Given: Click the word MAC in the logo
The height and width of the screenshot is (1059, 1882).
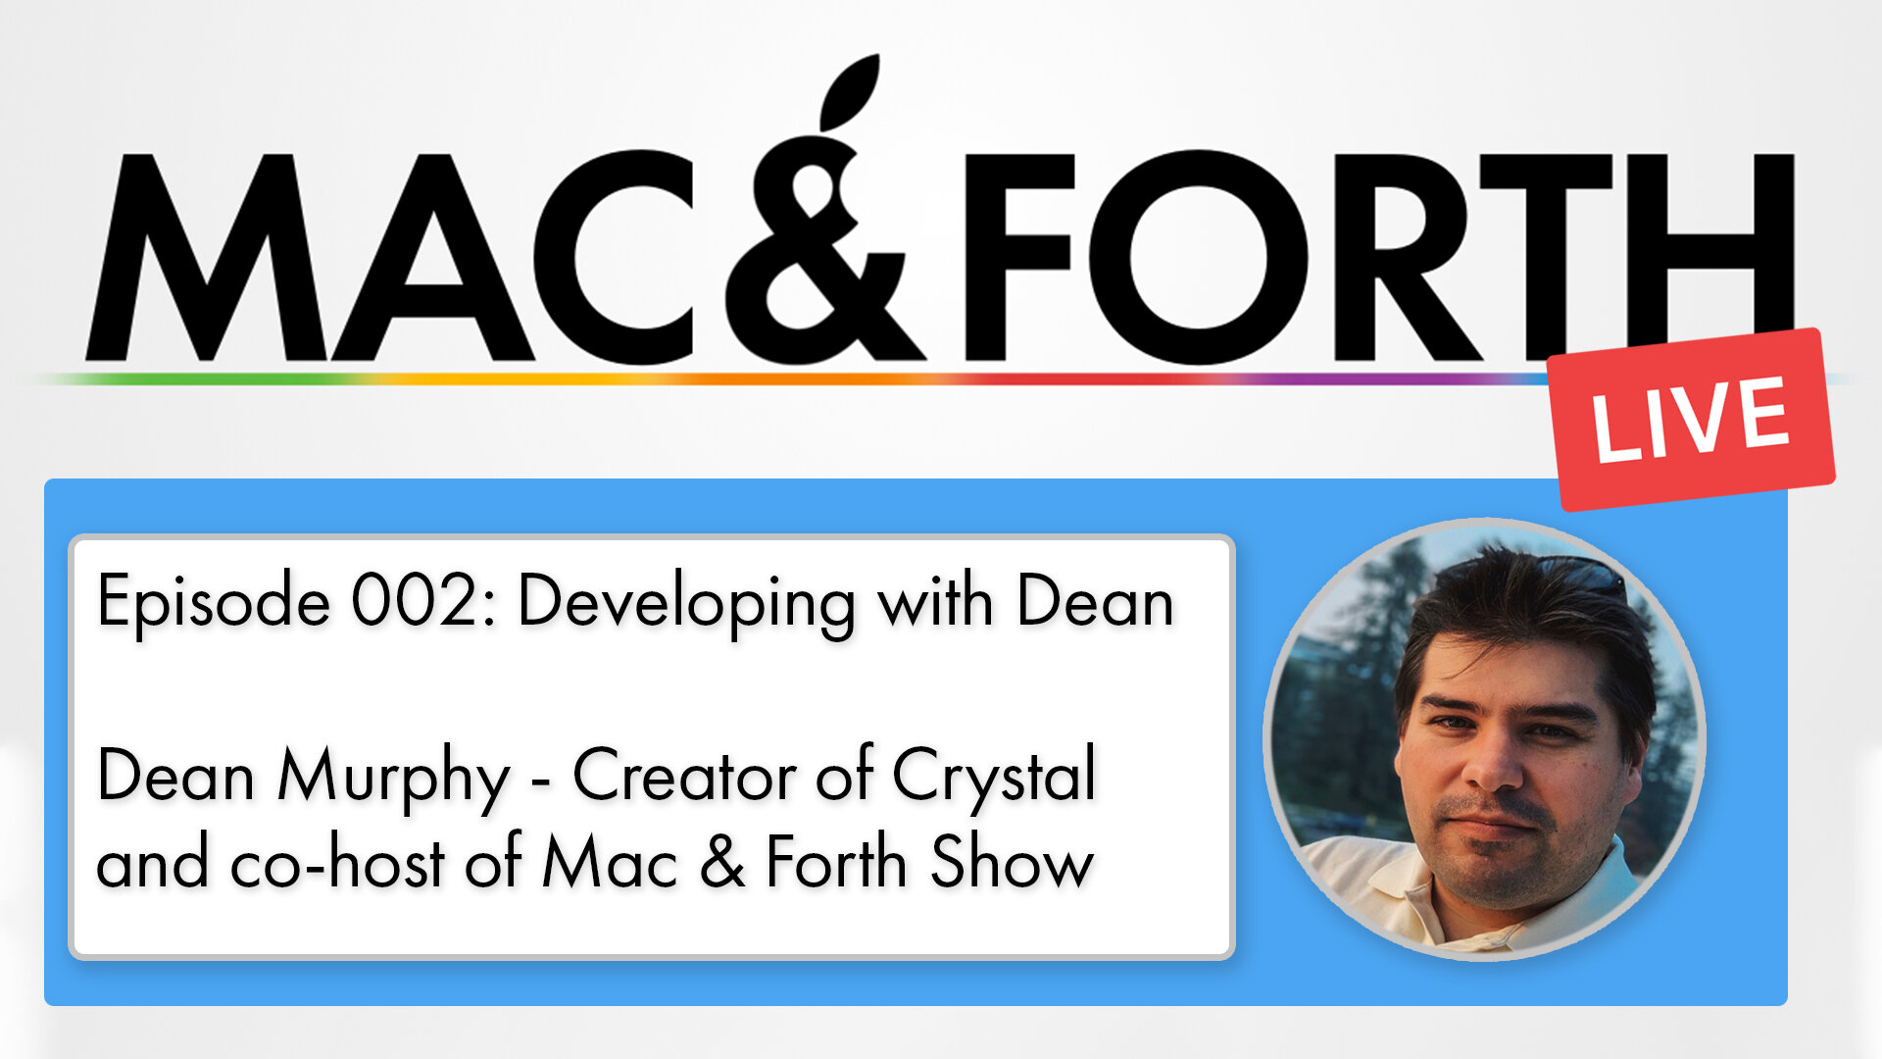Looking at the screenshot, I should pos(392,257).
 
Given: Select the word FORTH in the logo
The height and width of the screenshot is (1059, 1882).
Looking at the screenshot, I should pos(1372,257).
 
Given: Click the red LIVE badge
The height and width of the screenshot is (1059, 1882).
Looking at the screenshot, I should pos(1691,420).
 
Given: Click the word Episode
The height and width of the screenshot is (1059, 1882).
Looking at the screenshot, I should pos(213,602).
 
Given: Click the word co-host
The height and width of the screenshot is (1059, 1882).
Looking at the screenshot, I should pos(337,863).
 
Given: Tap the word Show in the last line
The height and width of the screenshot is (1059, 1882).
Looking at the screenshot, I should pos(1011,863).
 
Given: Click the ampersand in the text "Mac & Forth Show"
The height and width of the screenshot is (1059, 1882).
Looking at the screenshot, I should pos(722,863).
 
